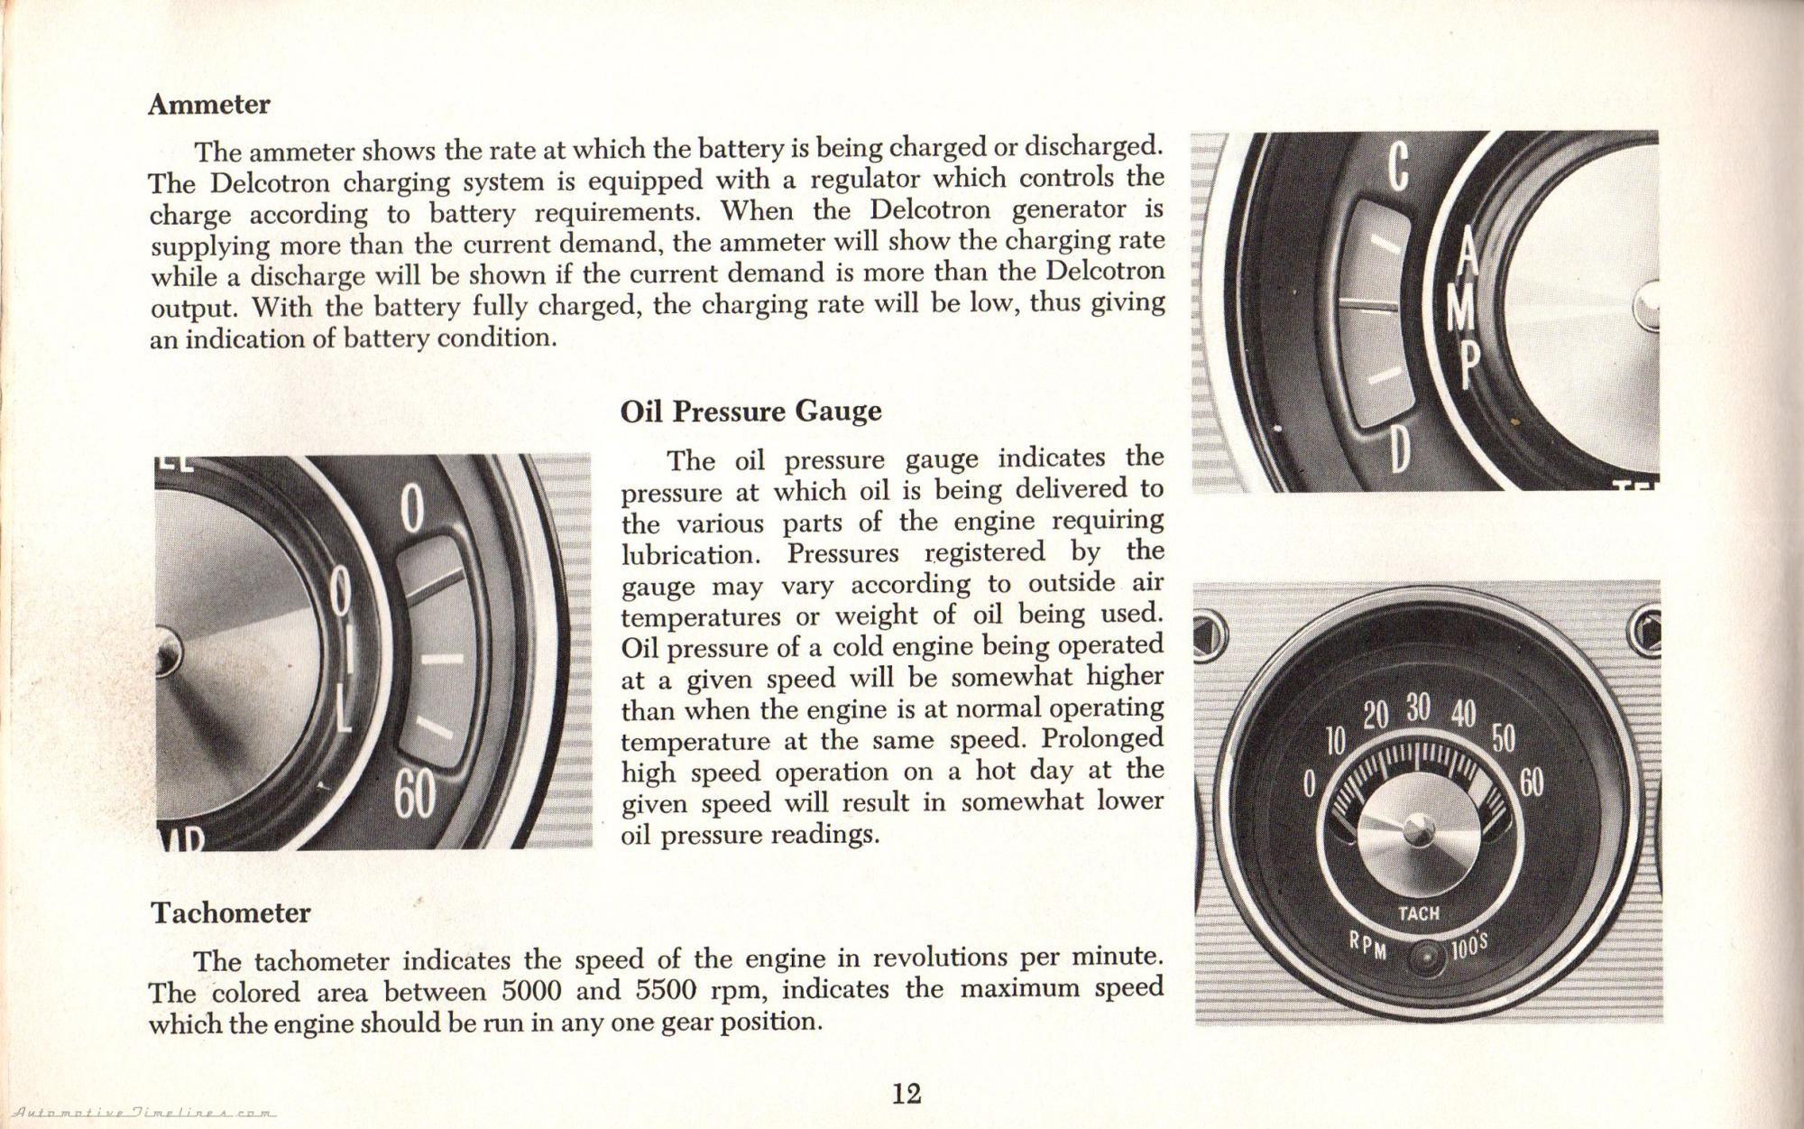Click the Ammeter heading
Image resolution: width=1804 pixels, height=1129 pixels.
pos(208,105)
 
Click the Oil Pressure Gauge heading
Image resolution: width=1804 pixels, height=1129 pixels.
pos(750,412)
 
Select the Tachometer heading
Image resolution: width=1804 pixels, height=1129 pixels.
pos(231,912)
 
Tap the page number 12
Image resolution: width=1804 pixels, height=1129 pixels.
pos(906,1094)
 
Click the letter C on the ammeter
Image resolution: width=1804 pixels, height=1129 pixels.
pos(1397,167)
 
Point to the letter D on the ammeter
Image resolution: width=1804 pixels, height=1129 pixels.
pos(1399,449)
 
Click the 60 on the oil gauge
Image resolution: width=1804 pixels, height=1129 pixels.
pos(413,795)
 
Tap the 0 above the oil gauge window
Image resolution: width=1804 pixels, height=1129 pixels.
pos(412,510)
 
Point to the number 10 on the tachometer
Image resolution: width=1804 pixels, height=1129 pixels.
pos(1335,742)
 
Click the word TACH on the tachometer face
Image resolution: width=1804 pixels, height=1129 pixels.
pos(1419,913)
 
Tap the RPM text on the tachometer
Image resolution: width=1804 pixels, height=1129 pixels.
pos(1369,945)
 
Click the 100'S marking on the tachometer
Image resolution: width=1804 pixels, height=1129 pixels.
pos(1469,948)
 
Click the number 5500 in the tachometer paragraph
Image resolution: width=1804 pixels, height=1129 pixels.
pos(667,991)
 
